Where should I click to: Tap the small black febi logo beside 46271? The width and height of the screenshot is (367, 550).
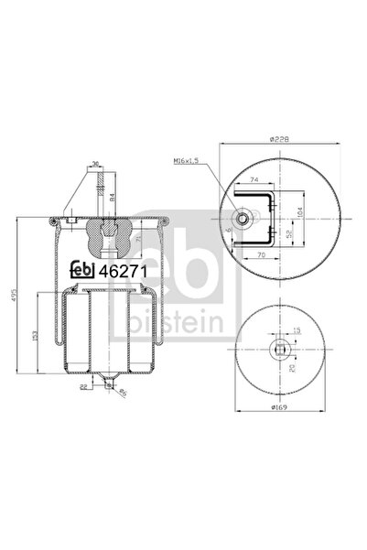[85, 272]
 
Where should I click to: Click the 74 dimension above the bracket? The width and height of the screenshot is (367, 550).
[254, 182]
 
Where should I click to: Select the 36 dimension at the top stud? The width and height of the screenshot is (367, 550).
[94, 166]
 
